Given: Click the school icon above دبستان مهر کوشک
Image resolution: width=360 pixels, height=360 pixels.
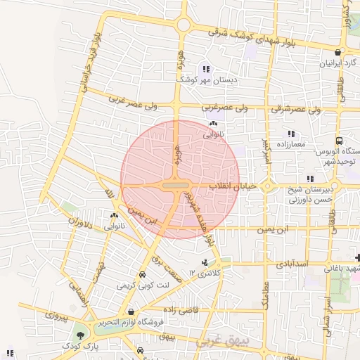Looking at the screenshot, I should (205, 69).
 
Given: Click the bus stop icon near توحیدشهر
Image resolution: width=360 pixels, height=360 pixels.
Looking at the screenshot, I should (339, 141).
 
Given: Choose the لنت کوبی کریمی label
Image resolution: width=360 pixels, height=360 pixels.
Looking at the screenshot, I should (143, 285).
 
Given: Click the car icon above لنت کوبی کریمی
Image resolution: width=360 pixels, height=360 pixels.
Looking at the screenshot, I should (143, 275).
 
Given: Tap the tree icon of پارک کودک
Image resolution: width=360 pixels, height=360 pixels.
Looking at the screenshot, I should (79, 335).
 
